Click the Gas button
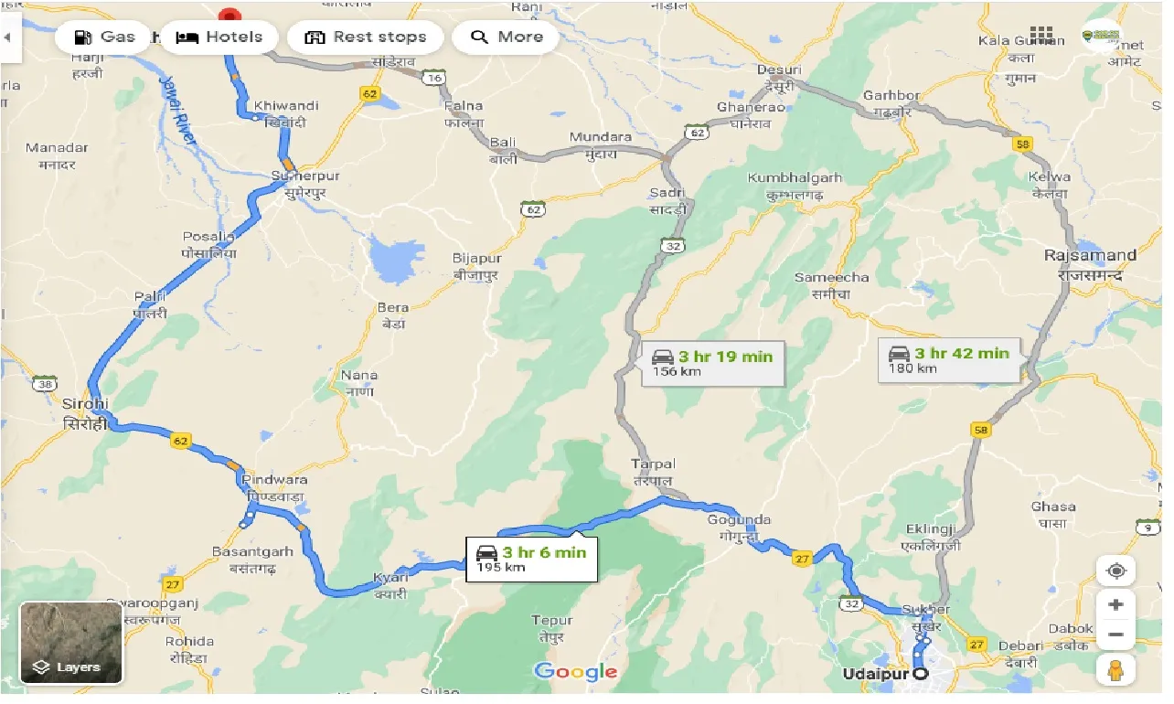(x=103, y=37)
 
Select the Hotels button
(x=219, y=37)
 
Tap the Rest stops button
(x=365, y=37)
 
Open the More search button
(x=507, y=37)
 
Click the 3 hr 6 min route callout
(x=531, y=559)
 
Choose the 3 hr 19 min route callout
(x=712, y=363)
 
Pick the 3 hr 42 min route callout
(x=949, y=359)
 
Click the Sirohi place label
(x=85, y=413)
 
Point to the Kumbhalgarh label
(x=794, y=185)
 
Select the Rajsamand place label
(x=1090, y=264)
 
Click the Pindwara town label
(x=273, y=487)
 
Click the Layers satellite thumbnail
(x=71, y=643)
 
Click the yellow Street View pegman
(x=1115, y=670)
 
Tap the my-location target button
(x=1115, y=571)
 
